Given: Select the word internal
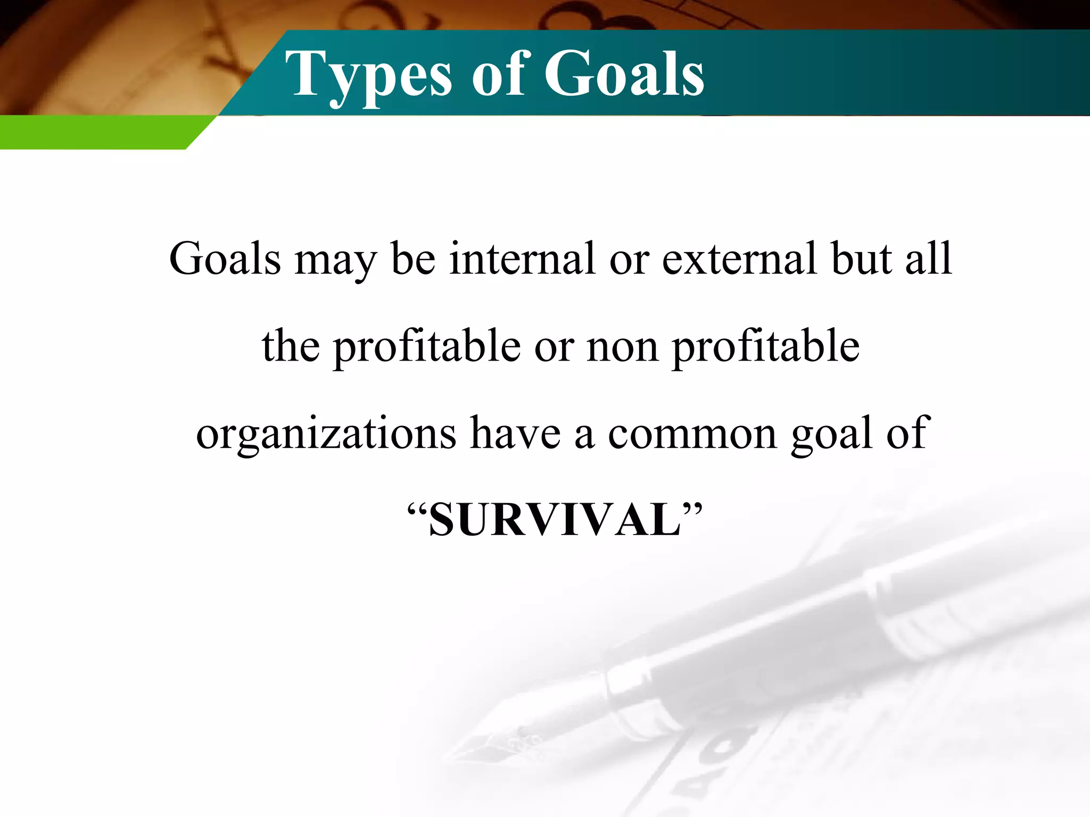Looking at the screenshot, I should tap(522, 259).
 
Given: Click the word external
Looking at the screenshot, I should tap(739, 259).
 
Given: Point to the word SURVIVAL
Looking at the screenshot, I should tap(555, 520).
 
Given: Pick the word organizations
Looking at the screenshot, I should tap(326, 434).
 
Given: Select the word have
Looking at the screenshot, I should tap(515, 433).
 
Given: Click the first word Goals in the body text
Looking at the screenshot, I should tap(225, 259).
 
